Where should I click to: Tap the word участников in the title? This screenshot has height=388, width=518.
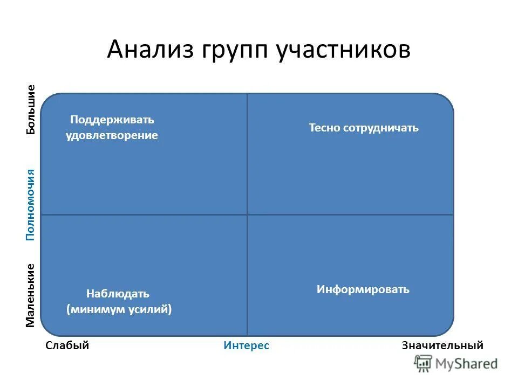coord(344,50)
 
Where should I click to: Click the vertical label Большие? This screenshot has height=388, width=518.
coord(31,109)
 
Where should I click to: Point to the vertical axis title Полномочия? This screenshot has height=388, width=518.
coord(31,204)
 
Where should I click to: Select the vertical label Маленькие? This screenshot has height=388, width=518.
coord(31,295)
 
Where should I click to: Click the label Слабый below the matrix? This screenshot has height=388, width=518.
coord(67,346)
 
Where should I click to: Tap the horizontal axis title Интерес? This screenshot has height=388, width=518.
coord(246,346)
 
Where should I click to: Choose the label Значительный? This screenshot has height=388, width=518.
coord(442,346)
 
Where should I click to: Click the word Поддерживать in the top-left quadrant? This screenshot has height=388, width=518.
coord(112,120)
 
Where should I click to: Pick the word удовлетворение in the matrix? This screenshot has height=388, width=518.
coord(112,136)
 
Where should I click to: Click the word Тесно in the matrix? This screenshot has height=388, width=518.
coord(324,128)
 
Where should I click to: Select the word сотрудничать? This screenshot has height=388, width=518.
coord(380,128)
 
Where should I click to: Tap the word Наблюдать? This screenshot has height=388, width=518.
coord(118,294)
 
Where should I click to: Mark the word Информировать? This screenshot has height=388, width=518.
coord(363,289)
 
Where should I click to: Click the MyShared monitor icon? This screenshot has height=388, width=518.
coord(424,364)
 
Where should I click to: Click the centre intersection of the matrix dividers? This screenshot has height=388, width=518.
coord(248,214)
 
